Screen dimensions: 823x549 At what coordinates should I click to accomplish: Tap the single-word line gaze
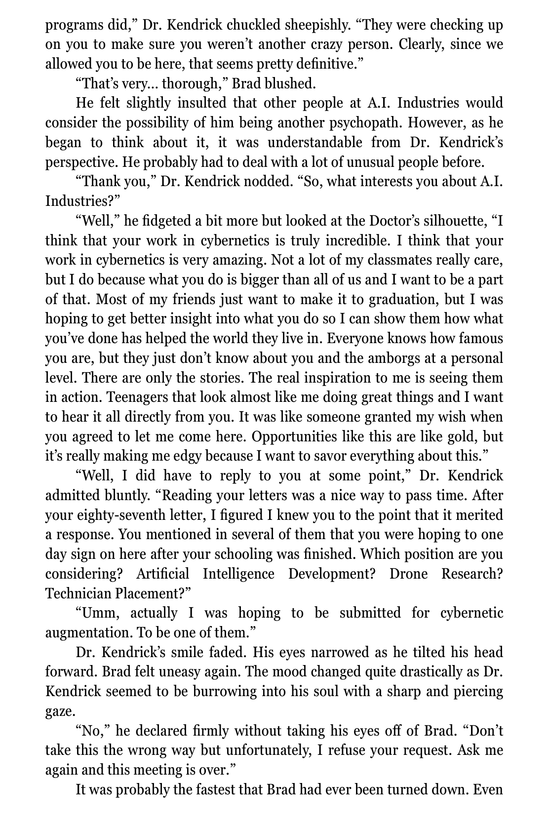point(60,711)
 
